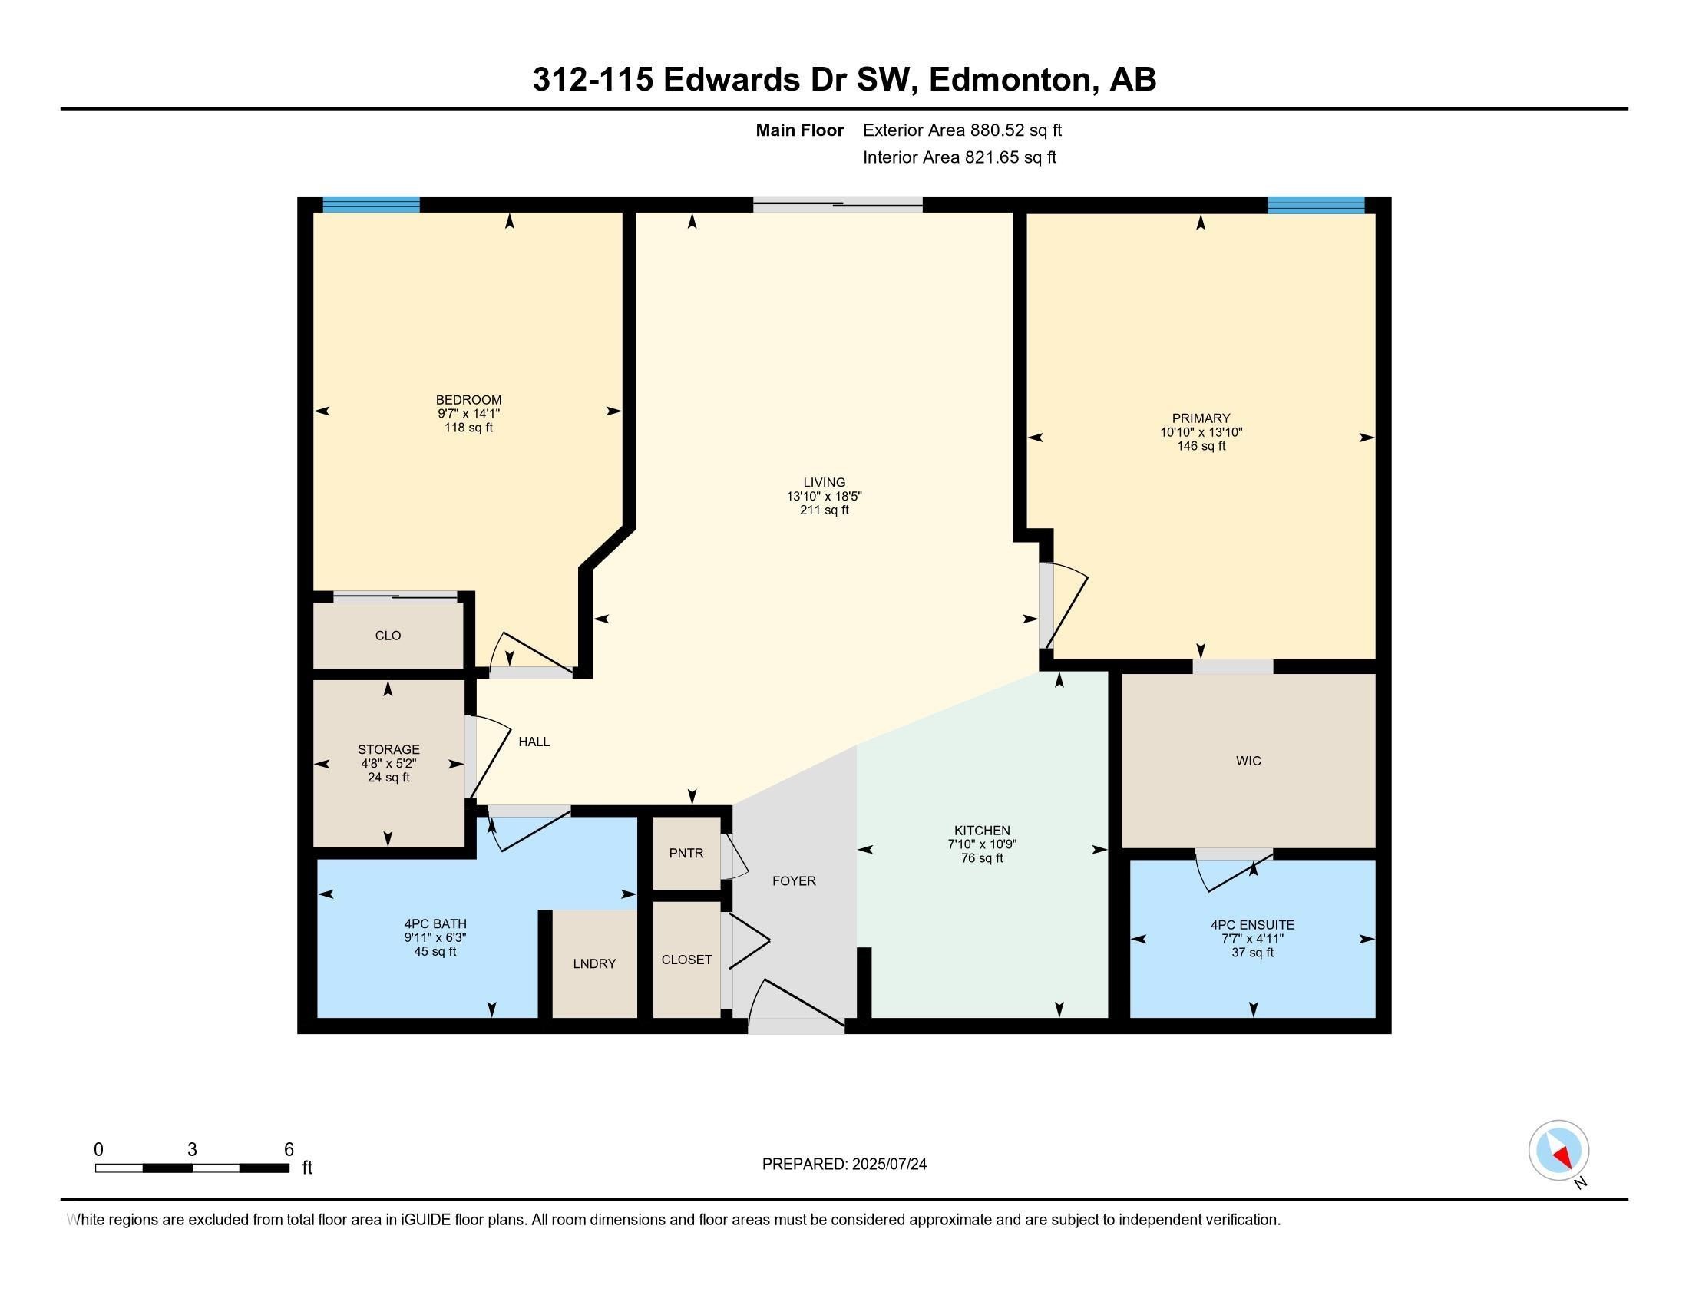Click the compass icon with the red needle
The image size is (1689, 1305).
pyautogui.click(x=1558, y=1150)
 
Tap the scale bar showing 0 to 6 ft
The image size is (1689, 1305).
pyautogui.click(x=192, y=1168)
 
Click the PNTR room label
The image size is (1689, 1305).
pyautogui.click(x=686, y=854)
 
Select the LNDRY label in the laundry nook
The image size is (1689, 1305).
pyautogui.click(x=594, y=963)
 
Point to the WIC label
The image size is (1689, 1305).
pyautogui.click(x=1248, y=761)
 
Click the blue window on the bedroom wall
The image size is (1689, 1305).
pyautogui.click(x=371, y=205)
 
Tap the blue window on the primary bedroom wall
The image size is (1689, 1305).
pyautogui.click(x=1315, y=205)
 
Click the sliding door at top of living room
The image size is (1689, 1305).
pyautogui.click(x=838, y=205)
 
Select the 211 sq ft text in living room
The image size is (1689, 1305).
pyautogui.click(x=825, y=510)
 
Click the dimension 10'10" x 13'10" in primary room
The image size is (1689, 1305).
pyautogui.click(x=1200, y=432)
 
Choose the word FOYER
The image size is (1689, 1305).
pyautogui.click(x=794, y=880)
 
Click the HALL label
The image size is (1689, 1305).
pyautogui.click(x=534, y=742)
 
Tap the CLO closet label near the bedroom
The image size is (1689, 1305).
pyautogui.click(x=388, y=636)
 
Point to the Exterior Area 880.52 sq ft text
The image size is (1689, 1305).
pyautogui.click(x=962, y=130)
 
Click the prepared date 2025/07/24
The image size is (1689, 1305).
pyautogui.click(x=887, y=1165)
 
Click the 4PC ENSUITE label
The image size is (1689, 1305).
pyautogui.click(x=1252, y=925)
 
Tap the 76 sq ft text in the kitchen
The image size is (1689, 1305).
pyautogui.click(x=982, y=858)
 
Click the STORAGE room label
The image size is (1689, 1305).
pyautogui.click(x=388, y=749)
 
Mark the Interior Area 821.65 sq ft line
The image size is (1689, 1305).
pyautogui.click(x=959, y=157)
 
